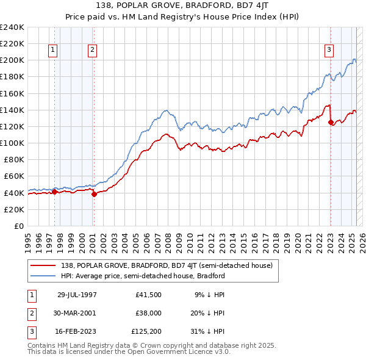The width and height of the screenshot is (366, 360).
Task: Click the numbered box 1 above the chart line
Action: pos(53,50)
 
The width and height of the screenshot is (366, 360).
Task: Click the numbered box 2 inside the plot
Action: pos(92,50)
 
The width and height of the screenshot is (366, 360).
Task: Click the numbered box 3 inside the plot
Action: pos(329,50)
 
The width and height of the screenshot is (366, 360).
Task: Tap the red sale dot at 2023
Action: pos(331,123)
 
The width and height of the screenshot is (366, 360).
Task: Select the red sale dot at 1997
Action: pos(54,192)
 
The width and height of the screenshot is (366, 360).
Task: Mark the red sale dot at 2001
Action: pos(94,195)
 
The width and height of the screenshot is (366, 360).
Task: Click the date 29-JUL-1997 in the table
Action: pos(74,295)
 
